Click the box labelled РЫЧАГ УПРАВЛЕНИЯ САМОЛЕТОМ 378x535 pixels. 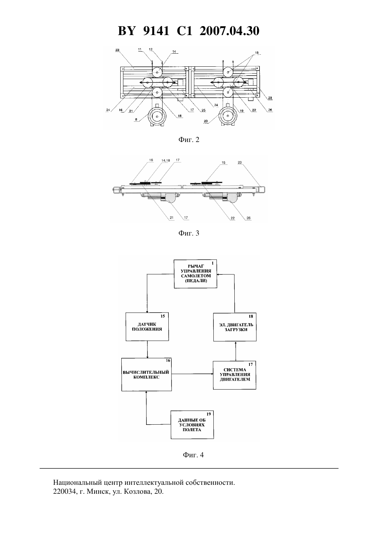196,274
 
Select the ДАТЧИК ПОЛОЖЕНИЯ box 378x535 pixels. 147,327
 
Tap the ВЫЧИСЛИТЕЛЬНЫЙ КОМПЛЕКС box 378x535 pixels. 146,374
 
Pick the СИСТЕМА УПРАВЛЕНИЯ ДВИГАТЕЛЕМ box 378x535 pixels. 235,375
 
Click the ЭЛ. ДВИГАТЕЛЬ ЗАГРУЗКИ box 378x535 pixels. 235,327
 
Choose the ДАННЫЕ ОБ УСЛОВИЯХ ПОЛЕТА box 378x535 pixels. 192,425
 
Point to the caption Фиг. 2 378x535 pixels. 189,140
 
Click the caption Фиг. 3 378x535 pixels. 189,233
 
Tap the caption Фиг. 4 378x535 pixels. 193,455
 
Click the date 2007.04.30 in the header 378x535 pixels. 229,31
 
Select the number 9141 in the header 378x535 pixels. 156,31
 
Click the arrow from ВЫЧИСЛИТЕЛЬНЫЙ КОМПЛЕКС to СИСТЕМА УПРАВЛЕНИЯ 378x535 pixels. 192,374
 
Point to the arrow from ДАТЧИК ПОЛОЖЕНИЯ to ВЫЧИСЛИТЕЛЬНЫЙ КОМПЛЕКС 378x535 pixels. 147,349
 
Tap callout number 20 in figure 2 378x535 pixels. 206,121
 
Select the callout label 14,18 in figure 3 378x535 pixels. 166,161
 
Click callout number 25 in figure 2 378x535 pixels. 203,110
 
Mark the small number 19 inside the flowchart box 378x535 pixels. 209,414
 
